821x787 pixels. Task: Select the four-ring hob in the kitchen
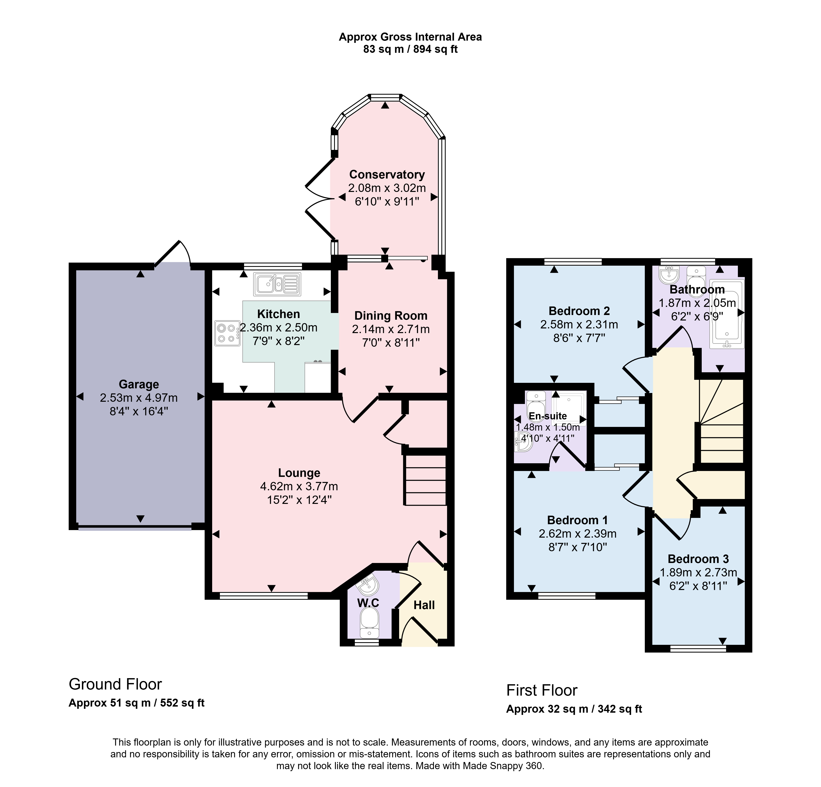(227, 333)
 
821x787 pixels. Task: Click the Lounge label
(299, 473)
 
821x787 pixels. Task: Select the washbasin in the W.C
(368, 585)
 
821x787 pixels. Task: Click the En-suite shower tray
(569, 408)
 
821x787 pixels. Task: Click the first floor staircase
(721, 421)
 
